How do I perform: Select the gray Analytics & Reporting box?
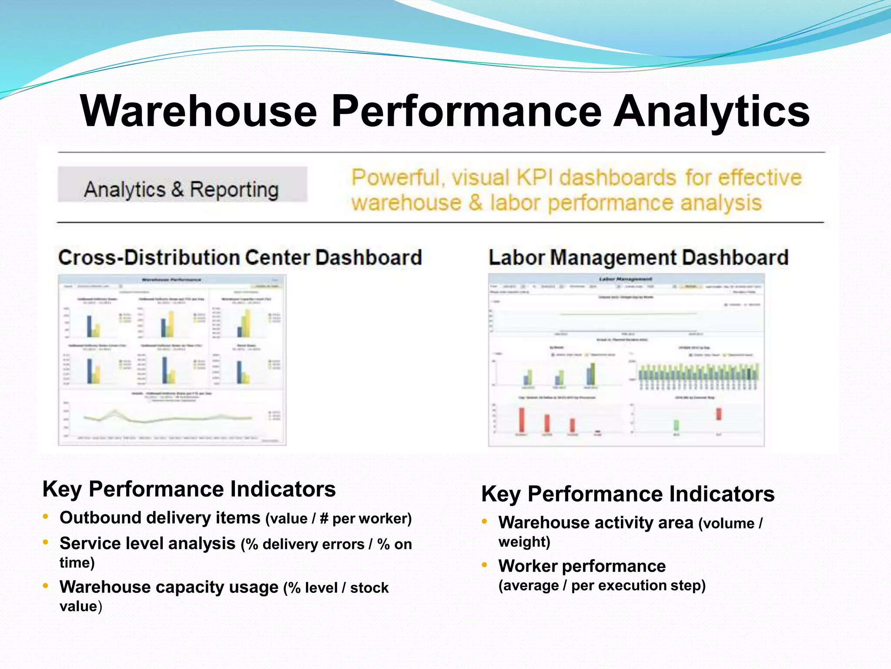[x=182, y=185]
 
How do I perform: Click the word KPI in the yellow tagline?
[x=534, y=178]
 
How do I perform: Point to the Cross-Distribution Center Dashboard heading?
[x=240, y=257]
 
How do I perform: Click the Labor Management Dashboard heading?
[x=638, y=257]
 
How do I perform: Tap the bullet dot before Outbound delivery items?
[x=46, y=517]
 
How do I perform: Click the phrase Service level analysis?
[x=147, y=544]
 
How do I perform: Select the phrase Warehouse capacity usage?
[x=169, y=587]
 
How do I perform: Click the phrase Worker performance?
[x=582, y=566]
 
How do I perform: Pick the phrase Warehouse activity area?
[x=596, y=523]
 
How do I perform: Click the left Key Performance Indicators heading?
[x=189, y=489]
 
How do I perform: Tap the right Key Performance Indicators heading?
[x=627, y=494]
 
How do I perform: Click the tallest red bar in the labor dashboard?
[x=522, y=420]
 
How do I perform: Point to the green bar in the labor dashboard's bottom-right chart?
[x=676, y=425]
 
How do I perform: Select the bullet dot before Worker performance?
[x=484, y=565]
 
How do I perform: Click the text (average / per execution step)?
[x=602, y=585]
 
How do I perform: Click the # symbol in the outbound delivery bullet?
[x=324, y=519]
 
